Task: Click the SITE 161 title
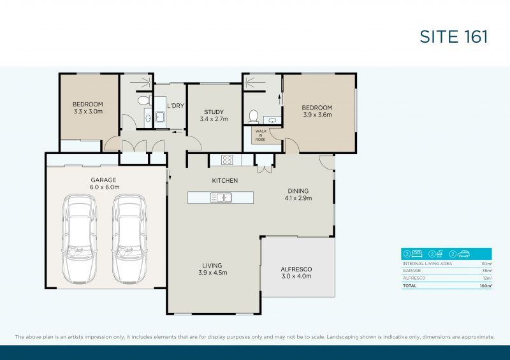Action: pyautogui.click(x=454, y=36)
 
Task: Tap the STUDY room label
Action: pyautogui.click(x=214, y=115)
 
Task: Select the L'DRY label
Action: pyautogui.click(x=175, y=106)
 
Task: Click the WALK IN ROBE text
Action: pyautogui.click(x=261, y=135)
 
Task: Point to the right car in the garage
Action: pyautogui.click(x=129, y=238)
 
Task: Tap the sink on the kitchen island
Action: pyautogui.click(x=221, y=198)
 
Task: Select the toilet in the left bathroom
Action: pyautogui.click(x=143, y=101)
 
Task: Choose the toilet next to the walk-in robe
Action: pyautogui.click(x=253, y=116)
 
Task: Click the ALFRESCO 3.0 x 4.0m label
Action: pyautogui.click(x=296, y=273)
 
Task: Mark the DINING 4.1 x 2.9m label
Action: pyautogui.click(x=298, y=194)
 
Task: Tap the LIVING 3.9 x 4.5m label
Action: pyautogui.click(x=212, y=269)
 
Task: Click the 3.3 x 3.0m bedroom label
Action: pyautogui.click(x=87, y=108)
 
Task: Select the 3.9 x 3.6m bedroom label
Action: pyautogui.click(x=317, y=112)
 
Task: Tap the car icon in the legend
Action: pyautogui.click(x=467, y=253)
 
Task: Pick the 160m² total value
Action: pyautogui.click(x=486, y=286)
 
